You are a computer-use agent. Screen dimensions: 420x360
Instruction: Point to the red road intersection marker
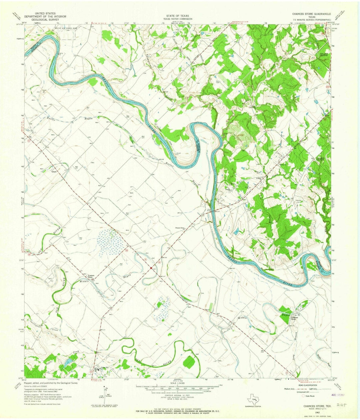coord(151,267)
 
